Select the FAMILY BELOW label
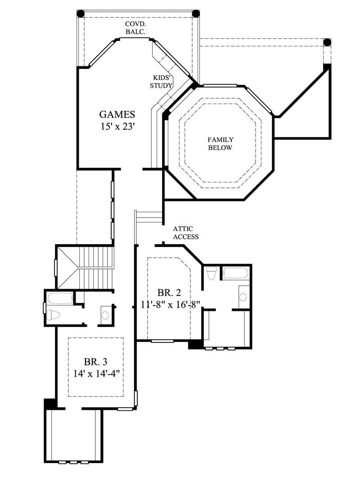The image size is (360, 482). point(220,144)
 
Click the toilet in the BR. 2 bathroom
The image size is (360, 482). point(211,273)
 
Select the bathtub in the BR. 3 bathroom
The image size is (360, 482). point(60,298)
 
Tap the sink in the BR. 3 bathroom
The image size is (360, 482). point(105,314)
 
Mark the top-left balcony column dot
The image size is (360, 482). point(81,14)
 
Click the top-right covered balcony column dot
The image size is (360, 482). point(196,14)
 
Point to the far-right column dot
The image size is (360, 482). point(327,43)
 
